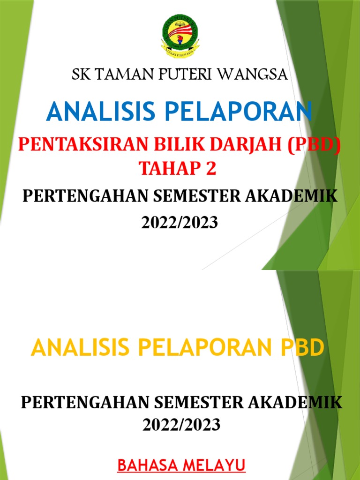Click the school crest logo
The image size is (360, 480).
[x=180, y=35]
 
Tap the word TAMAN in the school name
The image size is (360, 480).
[x=119, y=75]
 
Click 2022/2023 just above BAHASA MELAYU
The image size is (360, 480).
[x=181, y=425]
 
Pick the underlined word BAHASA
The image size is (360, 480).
[x=147, y=453]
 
